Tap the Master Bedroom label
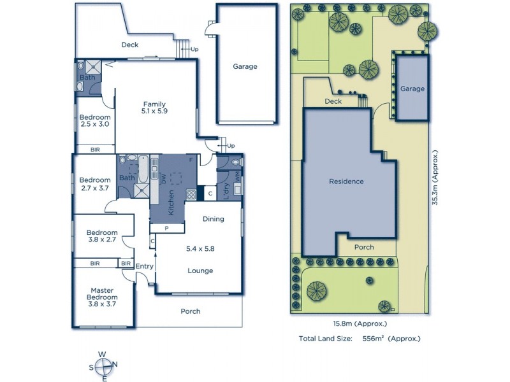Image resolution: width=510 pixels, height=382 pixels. point(102,294)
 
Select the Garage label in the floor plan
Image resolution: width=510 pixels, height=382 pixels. point(245,66)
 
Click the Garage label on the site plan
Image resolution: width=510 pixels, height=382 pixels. point(412,89)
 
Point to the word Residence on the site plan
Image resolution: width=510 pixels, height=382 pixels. point(346,181)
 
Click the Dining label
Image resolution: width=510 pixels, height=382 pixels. point(214,219)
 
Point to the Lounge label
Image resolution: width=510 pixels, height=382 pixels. point(200,271)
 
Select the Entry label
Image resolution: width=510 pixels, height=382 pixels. point(145,266)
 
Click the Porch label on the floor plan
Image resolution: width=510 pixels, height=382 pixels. point(191,311)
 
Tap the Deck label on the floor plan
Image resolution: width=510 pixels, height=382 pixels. point(130,45)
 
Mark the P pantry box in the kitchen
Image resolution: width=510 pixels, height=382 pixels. point(166,227)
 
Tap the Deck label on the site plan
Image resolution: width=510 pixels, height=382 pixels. point(333,101)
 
